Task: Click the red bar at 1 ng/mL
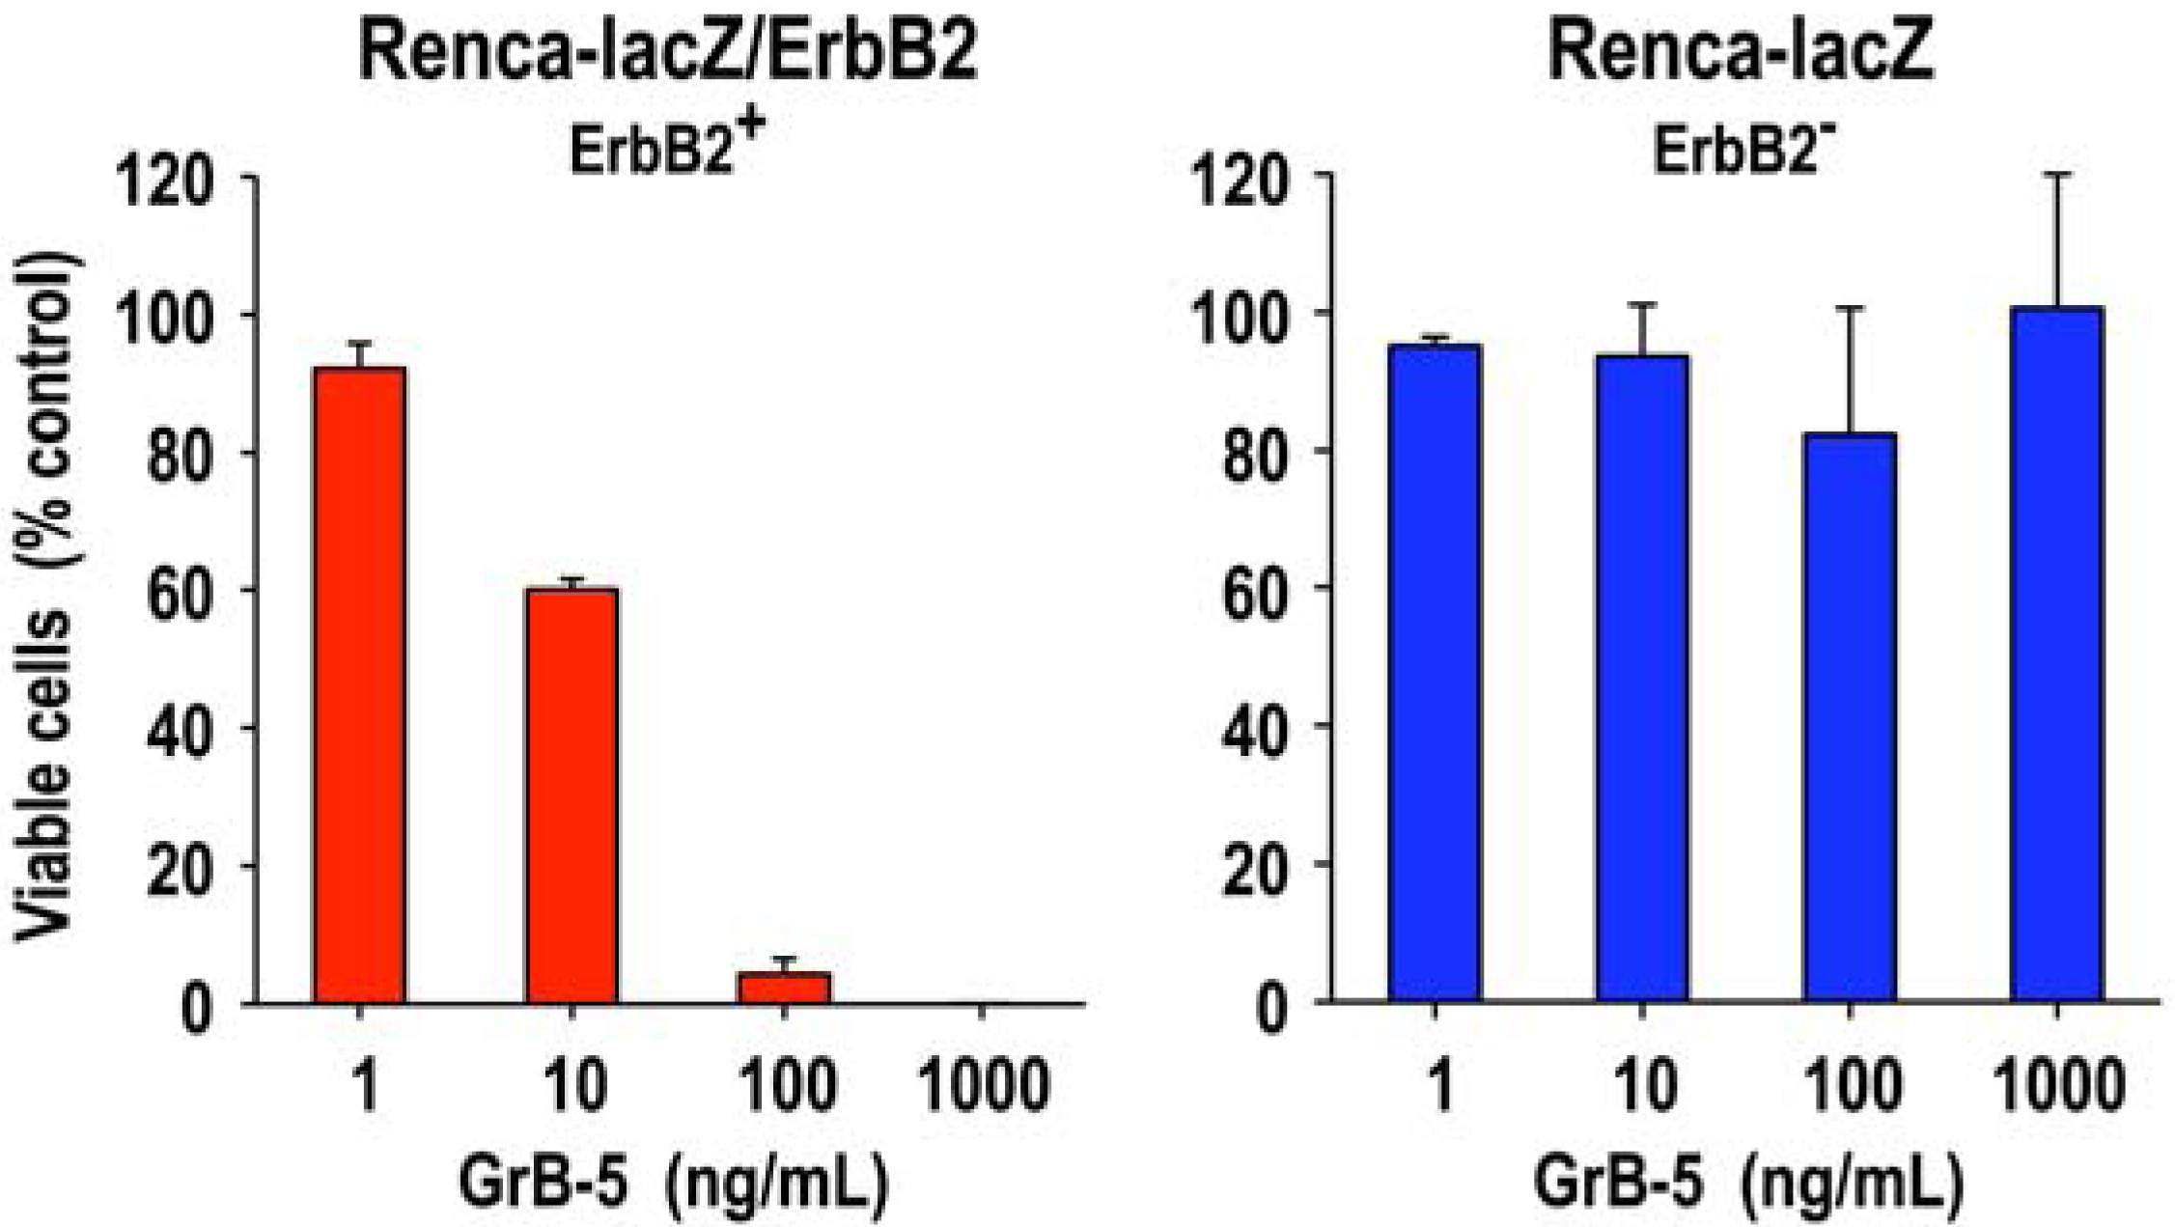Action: coord(359,685)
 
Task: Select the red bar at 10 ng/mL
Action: coord(572,796)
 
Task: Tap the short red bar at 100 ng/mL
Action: coord(784,989)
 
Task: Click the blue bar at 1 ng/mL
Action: coord(1435,673)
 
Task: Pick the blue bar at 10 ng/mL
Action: coord(1642,679)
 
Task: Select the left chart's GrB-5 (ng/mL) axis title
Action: coord(673,1183)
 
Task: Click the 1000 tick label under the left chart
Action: coord(982,1086)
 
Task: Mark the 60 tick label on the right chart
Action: coord(1251,590)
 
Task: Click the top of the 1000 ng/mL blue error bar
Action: coord(2057,175)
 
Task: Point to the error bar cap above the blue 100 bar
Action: coord(1850,308)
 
